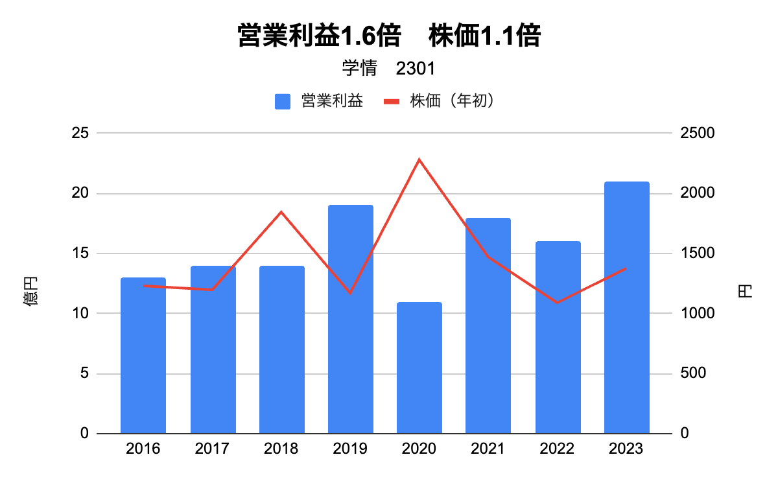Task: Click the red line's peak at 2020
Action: point(419,159)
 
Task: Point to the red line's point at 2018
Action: point(281,212)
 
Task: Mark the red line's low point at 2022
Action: point(558,303)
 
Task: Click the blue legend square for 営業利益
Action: point(283,102)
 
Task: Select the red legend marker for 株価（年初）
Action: point(392,102)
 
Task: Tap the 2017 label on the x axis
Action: point(212,449)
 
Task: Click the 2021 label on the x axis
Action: point(488,449)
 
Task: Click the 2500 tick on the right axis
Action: point(697,133)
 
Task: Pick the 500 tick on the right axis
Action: point(693,374)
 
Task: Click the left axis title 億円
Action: point(31,290)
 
